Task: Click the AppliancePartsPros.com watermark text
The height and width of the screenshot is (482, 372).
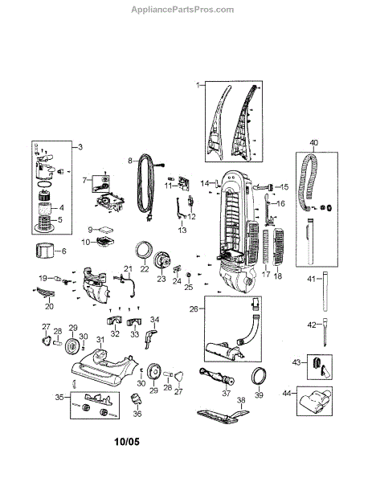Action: click(182, 10)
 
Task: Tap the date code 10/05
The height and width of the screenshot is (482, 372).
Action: click(127, 442)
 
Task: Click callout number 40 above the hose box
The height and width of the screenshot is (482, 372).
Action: click(314, 143)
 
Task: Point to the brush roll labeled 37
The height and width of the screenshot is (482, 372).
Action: click(217, 377)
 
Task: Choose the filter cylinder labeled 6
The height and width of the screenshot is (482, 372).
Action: click(44, 251)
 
